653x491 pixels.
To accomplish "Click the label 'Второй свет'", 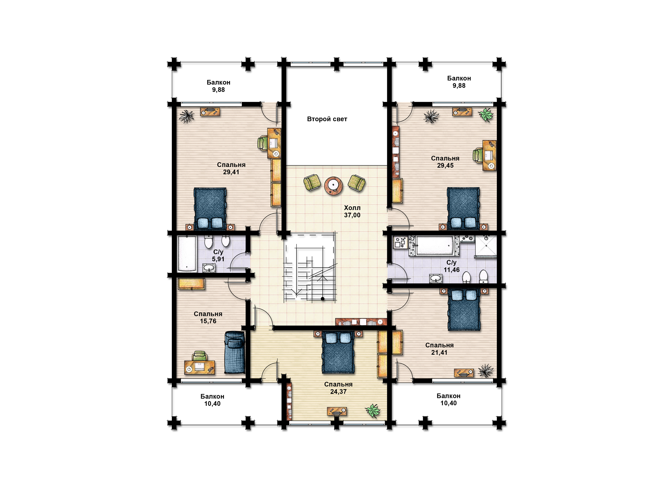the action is (327, 119).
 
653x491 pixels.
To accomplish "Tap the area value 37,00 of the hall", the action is (352, 215).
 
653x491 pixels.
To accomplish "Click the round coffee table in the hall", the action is (333, 186).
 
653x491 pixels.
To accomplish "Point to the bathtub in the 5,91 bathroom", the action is (187, 254).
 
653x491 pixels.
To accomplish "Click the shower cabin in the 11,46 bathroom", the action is (486, 247).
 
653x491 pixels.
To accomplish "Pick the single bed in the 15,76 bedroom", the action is (235, 352).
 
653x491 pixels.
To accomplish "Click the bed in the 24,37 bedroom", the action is (338, 352).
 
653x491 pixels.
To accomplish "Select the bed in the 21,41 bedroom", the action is (464, 309).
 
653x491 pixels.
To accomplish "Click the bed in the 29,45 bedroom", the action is (463, 208).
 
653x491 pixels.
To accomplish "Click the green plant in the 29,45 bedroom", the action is (486, 115).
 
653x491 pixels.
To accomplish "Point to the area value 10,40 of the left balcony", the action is (212, 404).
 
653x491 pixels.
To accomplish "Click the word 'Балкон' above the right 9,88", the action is (459, 78).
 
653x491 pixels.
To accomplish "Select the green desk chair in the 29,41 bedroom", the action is (263, 143).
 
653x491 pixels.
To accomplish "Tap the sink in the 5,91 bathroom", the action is (209, 268).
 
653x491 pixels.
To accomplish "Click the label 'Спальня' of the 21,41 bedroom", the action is (439, 345).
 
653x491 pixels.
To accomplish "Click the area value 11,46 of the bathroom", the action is (451, 270).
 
